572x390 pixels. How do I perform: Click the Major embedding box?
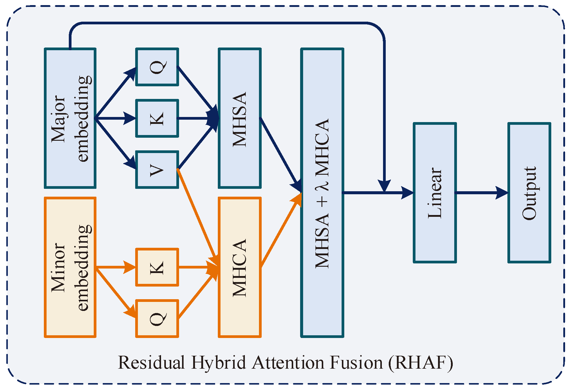pyautogui.click(x=70, y=118)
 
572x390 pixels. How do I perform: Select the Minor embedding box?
pyautogui.click(x=70, y=267)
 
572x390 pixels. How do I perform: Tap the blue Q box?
pyautogui.click(x=157, y=67)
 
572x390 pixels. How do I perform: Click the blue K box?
pyautogui.click(x=157, y=118)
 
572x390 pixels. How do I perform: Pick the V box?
pyautogui.click(x=157, y=170)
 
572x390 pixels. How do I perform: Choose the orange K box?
pyautogui.click(x=157, y=267)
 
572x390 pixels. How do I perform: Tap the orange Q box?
pyautogui.click(x=157, y=318)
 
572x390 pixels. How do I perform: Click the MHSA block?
pyautogui.click(x=240, y=118)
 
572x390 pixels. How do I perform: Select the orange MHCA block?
pyautogui.click(x=240, y=267)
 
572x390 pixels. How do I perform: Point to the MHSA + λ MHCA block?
pyautogui.click(x=322, y=192)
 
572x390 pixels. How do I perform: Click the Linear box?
pyautogui.click(x=435, y=192)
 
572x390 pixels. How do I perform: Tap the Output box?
pyautogui.click(x=529, y=192)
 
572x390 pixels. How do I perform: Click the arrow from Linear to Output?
pyautogui.click(x=481, y=192)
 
